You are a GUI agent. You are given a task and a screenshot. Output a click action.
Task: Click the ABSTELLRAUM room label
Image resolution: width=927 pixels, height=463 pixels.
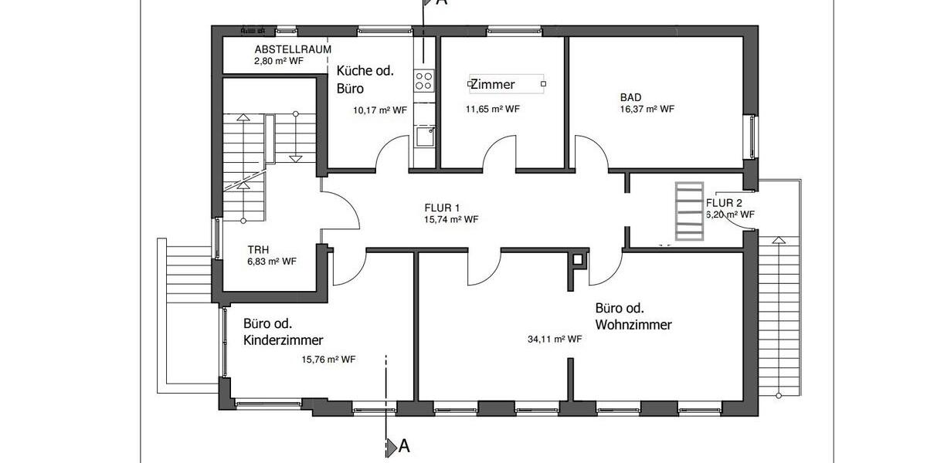293,49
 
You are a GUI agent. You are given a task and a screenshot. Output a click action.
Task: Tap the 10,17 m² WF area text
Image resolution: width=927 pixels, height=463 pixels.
379,110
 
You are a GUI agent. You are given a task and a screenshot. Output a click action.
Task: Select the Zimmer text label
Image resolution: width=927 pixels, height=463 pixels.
492,84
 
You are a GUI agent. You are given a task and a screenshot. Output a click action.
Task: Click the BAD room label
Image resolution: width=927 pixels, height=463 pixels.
630,98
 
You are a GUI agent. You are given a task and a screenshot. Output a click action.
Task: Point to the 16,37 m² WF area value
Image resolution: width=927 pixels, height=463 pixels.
647,110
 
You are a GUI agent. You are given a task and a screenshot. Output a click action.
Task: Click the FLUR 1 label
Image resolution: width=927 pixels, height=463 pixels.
442,208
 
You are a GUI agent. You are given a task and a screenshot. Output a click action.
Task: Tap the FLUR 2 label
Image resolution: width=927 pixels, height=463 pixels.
724,203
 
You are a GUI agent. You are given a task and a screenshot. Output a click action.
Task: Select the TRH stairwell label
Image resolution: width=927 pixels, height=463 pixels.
259,250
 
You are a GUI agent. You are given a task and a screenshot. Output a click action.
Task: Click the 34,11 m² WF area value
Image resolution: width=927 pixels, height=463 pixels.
555,339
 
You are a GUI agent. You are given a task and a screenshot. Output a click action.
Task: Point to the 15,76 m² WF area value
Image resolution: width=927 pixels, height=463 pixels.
328,359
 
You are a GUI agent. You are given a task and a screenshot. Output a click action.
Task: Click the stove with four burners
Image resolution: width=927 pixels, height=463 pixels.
424,79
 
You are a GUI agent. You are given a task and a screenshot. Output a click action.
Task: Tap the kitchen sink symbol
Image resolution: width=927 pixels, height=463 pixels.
424,137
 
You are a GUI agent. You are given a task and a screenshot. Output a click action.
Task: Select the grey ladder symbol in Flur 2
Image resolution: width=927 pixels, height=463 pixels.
689,211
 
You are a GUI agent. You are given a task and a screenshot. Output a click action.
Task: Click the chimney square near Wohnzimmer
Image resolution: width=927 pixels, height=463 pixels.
578,260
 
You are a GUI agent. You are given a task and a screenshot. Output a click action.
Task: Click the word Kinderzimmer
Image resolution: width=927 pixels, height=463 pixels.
283,340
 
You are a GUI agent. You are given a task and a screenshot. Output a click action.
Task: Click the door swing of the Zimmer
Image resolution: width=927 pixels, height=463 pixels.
501,151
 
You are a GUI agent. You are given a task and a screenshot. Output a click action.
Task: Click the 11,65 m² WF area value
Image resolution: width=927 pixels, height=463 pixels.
493,110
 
